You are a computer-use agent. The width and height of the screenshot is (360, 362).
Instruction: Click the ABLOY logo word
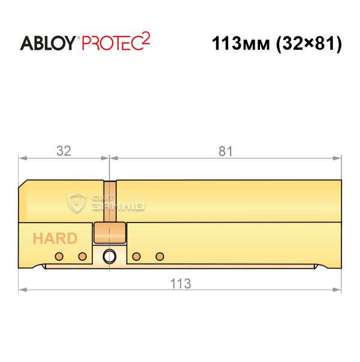point(47,43)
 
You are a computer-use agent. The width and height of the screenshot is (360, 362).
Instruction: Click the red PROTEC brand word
point(111,43)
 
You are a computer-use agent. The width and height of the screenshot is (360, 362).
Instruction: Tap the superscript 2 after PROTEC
point(146,38)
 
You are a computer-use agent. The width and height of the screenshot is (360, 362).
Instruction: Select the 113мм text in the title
point(241,44)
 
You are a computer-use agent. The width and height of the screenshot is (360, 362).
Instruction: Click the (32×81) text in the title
point(308,44)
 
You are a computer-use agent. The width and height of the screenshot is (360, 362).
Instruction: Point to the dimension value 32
point(63,151)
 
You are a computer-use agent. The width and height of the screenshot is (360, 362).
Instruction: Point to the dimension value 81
point(225,151)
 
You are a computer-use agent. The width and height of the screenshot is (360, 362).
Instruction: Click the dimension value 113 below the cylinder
point(180,284)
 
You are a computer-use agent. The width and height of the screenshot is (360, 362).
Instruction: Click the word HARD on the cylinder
point(55,239)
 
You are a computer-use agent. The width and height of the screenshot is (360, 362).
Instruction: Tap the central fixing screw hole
point(109,256)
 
